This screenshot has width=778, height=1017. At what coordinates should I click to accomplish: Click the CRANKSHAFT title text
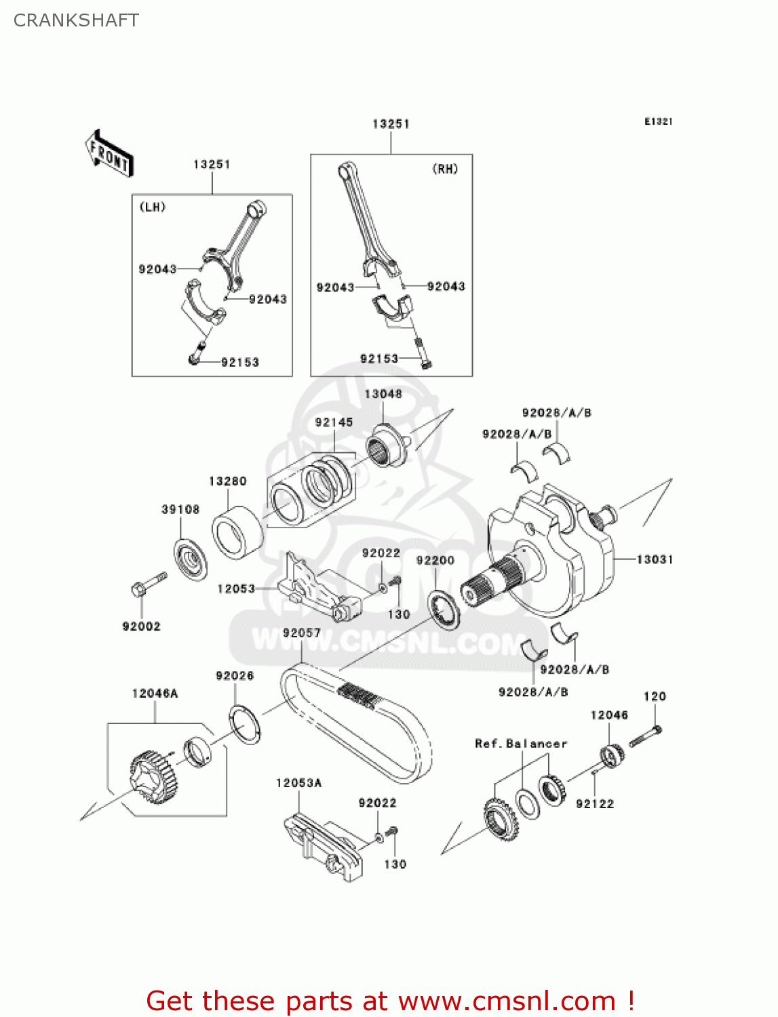click(76, 20)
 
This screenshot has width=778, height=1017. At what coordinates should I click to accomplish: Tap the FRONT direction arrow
click(109, 154)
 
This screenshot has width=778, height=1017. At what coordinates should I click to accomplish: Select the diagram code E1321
click(658, 121)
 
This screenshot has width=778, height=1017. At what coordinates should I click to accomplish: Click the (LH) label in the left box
click(153, 207)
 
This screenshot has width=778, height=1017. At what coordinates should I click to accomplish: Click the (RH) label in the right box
click(445, 169)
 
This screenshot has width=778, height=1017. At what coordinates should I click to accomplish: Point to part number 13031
click(654, 559)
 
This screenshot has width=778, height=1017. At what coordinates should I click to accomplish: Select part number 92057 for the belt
click(301, 633)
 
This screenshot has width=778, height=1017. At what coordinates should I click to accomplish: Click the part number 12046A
click(155, 693)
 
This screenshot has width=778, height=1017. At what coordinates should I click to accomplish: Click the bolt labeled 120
click(645, 736)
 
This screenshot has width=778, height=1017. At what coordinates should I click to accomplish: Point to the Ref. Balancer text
click(520, 744)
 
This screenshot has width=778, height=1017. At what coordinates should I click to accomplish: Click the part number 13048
click(383, 394)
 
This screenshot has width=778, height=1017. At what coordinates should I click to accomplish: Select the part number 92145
click(334, 422)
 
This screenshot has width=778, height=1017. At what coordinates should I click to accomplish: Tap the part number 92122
click(594, 803)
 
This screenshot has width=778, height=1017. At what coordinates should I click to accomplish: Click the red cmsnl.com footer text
click(390, 1001)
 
